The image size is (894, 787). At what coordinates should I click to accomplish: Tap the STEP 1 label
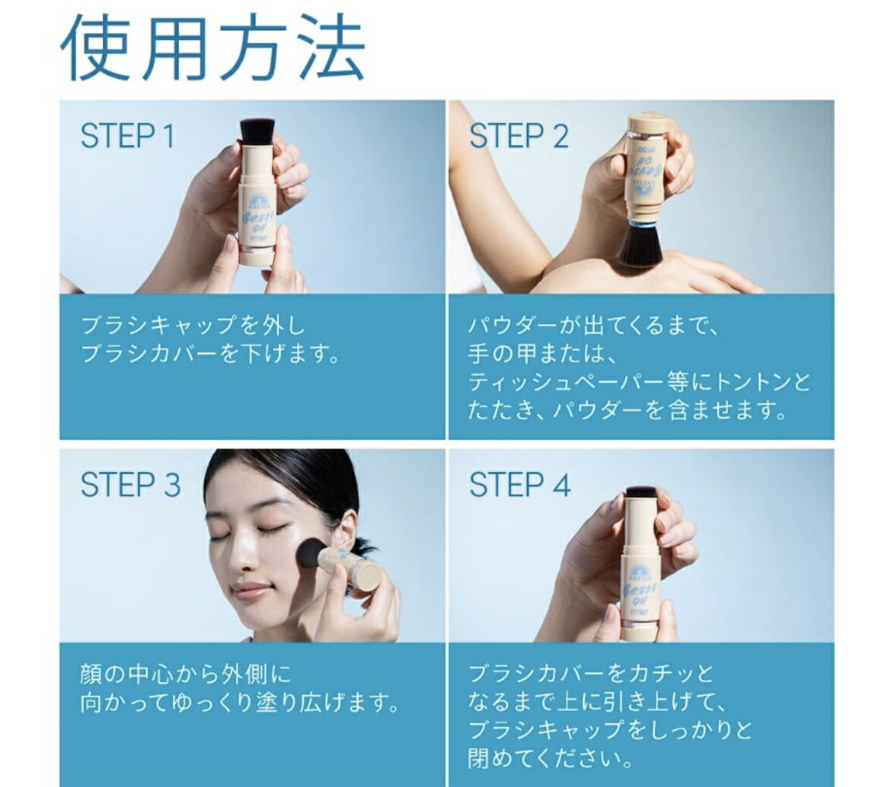tap(127, 137)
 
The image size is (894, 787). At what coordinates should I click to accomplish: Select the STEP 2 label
tap(519, 137)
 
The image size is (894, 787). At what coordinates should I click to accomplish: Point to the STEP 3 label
tap(130, 485)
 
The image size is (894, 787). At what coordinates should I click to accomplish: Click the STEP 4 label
tap(519, 485)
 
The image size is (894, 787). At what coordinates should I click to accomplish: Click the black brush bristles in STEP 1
tap(257, 130)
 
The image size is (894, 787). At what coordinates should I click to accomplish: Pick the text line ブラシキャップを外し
tap(193, 326)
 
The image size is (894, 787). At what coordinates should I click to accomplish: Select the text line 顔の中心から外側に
tap(185, 674)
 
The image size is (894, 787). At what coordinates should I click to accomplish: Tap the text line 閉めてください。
tap(551, 758)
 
